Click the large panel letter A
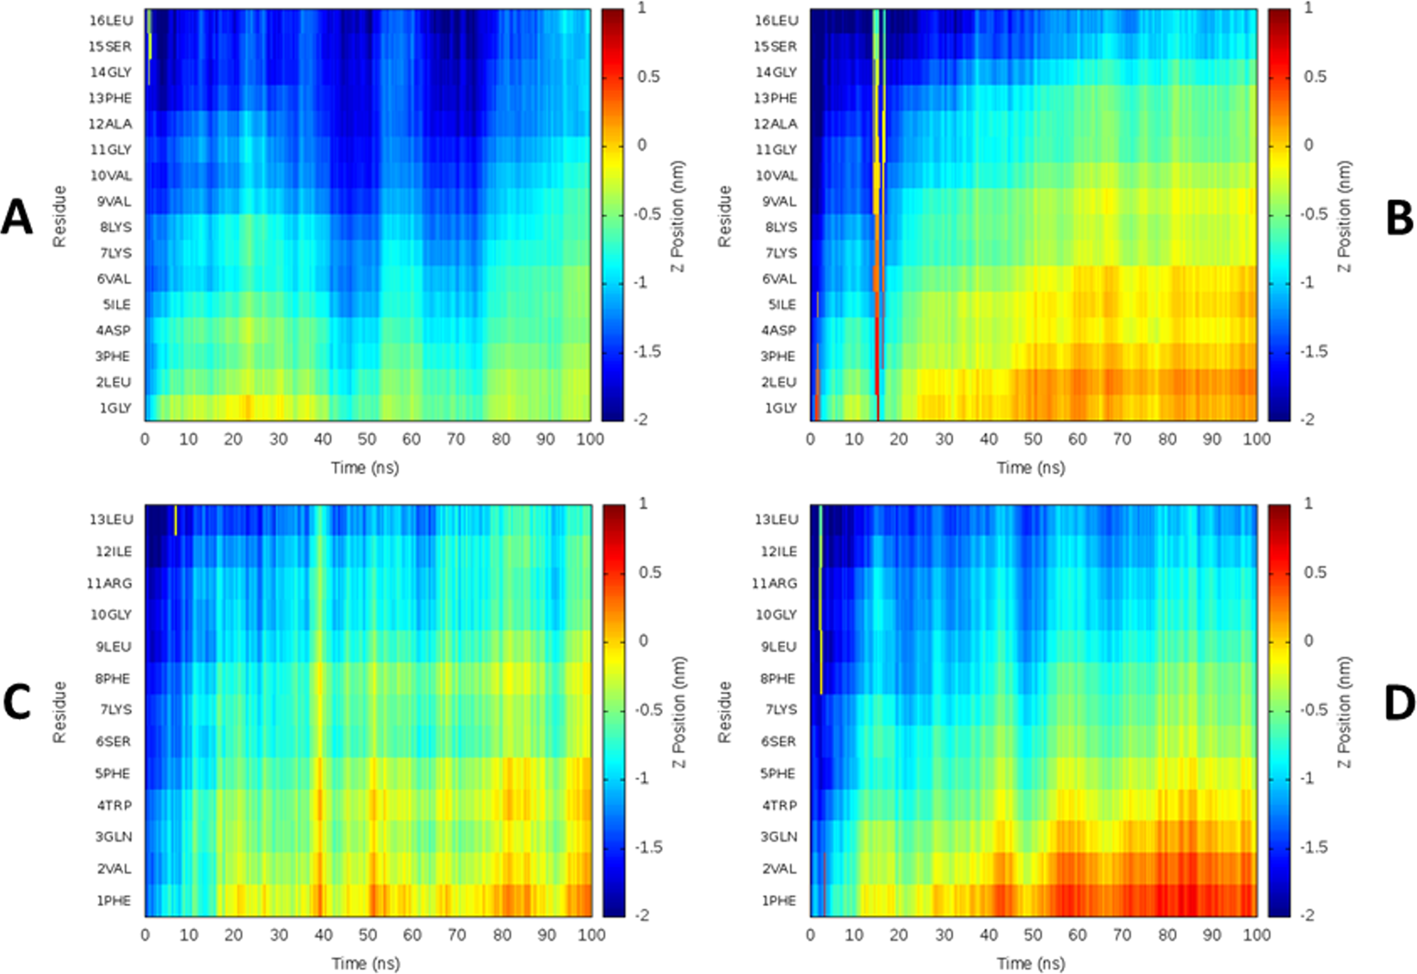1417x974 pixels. tap(16, 217)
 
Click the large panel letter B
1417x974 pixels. tap(1399, 217)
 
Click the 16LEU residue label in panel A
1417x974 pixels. tap(111, 21)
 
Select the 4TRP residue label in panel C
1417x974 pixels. tap(114, 805)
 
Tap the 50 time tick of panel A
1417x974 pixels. tap(368, 439)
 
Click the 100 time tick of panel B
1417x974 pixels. tap(1256, 439)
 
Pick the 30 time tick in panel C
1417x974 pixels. tap(278, 934)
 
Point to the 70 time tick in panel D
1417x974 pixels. tap(1122, 934)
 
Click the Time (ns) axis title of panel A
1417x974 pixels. tap(365, 468)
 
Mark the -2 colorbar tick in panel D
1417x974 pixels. tap(1308, 915)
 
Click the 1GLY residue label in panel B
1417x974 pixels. tap(781, 408)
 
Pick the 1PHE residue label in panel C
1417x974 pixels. tap(114, 901)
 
